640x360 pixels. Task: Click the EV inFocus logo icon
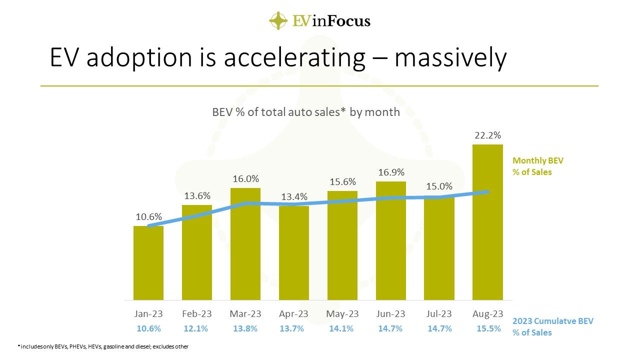[278, 20]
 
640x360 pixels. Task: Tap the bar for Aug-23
[487, 222]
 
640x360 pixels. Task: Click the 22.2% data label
[487, 135]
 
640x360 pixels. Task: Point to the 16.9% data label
[390, 172]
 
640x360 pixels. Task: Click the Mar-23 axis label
[245, 314]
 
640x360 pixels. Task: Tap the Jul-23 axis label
[439, 314]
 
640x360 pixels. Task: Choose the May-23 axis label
[342, 314]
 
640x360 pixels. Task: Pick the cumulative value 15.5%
[487, 328]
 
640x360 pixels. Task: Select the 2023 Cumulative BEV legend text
[552, 326]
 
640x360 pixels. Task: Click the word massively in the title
[450, 58]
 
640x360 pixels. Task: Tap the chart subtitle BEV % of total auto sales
[306, 112]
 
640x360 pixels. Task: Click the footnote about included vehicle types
[103, 346]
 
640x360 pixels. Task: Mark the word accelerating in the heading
[294, 58]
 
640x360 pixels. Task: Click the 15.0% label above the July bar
[439, 186]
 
